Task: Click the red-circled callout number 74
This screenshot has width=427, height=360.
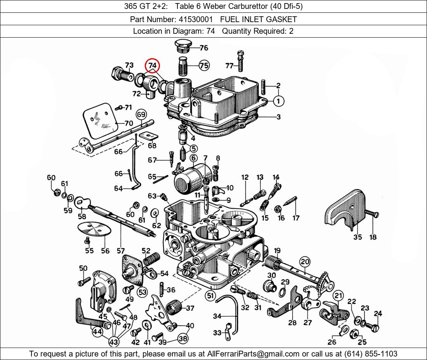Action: (x=152, y=66)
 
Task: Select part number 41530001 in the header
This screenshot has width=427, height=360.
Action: (x=196, y=19)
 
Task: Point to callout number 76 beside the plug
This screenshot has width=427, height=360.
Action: (x=204, y=48)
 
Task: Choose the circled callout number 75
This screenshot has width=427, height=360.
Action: (x=204, y=66)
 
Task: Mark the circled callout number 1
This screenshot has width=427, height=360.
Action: (x=278, y=101)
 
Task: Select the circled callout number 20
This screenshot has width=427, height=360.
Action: (x=305, y=262)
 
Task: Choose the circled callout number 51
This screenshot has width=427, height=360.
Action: (x=210, y=296)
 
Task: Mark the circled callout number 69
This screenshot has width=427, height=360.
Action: (x=141, y=114)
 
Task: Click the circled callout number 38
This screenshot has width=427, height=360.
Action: (x=183, y=338)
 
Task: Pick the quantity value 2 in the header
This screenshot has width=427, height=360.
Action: (x=291, y=31)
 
